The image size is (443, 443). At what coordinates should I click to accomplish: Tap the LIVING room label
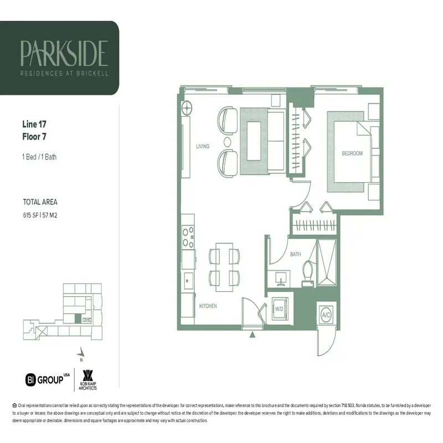coord(202,146)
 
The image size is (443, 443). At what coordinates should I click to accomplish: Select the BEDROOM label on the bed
coord(352,153)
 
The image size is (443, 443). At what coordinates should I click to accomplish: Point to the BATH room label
coord(295,254)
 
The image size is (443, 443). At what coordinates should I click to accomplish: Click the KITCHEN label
coord(208,306)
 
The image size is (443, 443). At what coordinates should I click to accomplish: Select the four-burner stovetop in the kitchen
coord(189,236)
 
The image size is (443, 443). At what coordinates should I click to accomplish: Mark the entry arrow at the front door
coord(253,334)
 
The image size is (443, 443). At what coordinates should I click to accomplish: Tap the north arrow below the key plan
coord(81,353)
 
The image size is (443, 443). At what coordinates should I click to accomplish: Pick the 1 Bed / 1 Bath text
coord(39,157)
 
